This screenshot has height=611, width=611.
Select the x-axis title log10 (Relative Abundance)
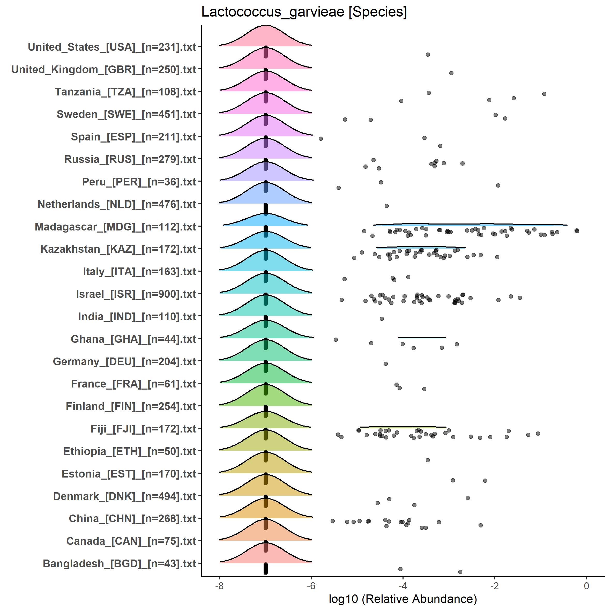tap(403, 599)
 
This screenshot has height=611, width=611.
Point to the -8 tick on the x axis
tap(219, 586)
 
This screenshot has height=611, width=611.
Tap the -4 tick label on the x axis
tap(403, 586)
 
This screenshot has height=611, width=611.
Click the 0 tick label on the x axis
tap(586, 586)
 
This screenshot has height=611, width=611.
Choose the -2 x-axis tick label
tap(494, 586)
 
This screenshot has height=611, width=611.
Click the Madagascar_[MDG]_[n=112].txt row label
tap(115, 227)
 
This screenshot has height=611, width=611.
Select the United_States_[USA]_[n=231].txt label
tap(112, 47)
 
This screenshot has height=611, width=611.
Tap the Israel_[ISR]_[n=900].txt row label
tap(136, 294)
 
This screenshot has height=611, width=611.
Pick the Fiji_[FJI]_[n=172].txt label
tap(143, 429)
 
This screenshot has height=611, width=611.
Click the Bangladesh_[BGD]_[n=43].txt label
tap(119, 564)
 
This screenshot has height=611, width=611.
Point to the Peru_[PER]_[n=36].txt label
tap(139, 182)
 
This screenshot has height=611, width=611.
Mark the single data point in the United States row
tap(428, 54)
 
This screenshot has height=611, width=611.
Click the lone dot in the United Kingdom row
tap(451, 73)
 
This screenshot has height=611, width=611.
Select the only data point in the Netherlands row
tap(386, 206)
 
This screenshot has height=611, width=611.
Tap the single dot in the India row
tap(382, 318)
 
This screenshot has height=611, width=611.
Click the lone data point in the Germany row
tap(385, 364)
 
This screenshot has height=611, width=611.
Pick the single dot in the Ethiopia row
tap(428, 460)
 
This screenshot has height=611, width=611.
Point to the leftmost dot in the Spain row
tap(321, 138)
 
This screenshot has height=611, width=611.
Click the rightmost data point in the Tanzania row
tap(544, 94)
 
